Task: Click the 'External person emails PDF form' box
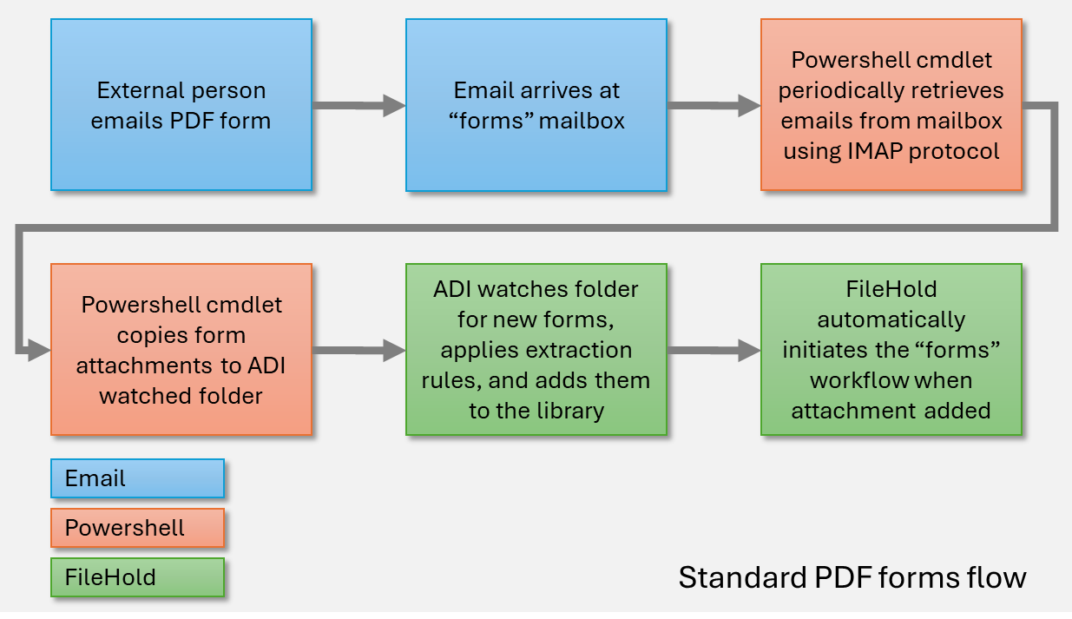[181, 104]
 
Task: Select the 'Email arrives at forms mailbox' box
[536, 104]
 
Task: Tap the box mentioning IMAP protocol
[891, 104]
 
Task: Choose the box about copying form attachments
[181, 350]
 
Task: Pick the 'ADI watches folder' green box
[536, 350]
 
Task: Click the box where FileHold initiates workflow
[891, 350]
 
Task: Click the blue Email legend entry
[137, 478]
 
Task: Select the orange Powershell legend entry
[137, 528]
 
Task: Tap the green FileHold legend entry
[137, 577]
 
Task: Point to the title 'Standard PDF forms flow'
[852, 577]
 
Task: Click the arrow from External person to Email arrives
[358, 105]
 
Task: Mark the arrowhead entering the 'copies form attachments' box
[39, 351]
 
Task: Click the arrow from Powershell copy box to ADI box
[358, 351]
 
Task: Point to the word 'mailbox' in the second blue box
[582, 120]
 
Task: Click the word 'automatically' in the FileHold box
[891, 319]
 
